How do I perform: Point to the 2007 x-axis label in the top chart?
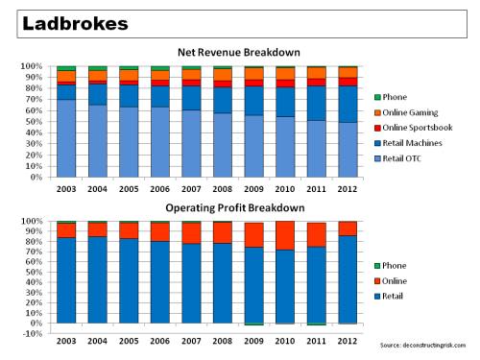point(192,189)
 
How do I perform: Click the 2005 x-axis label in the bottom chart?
point(129,343)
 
